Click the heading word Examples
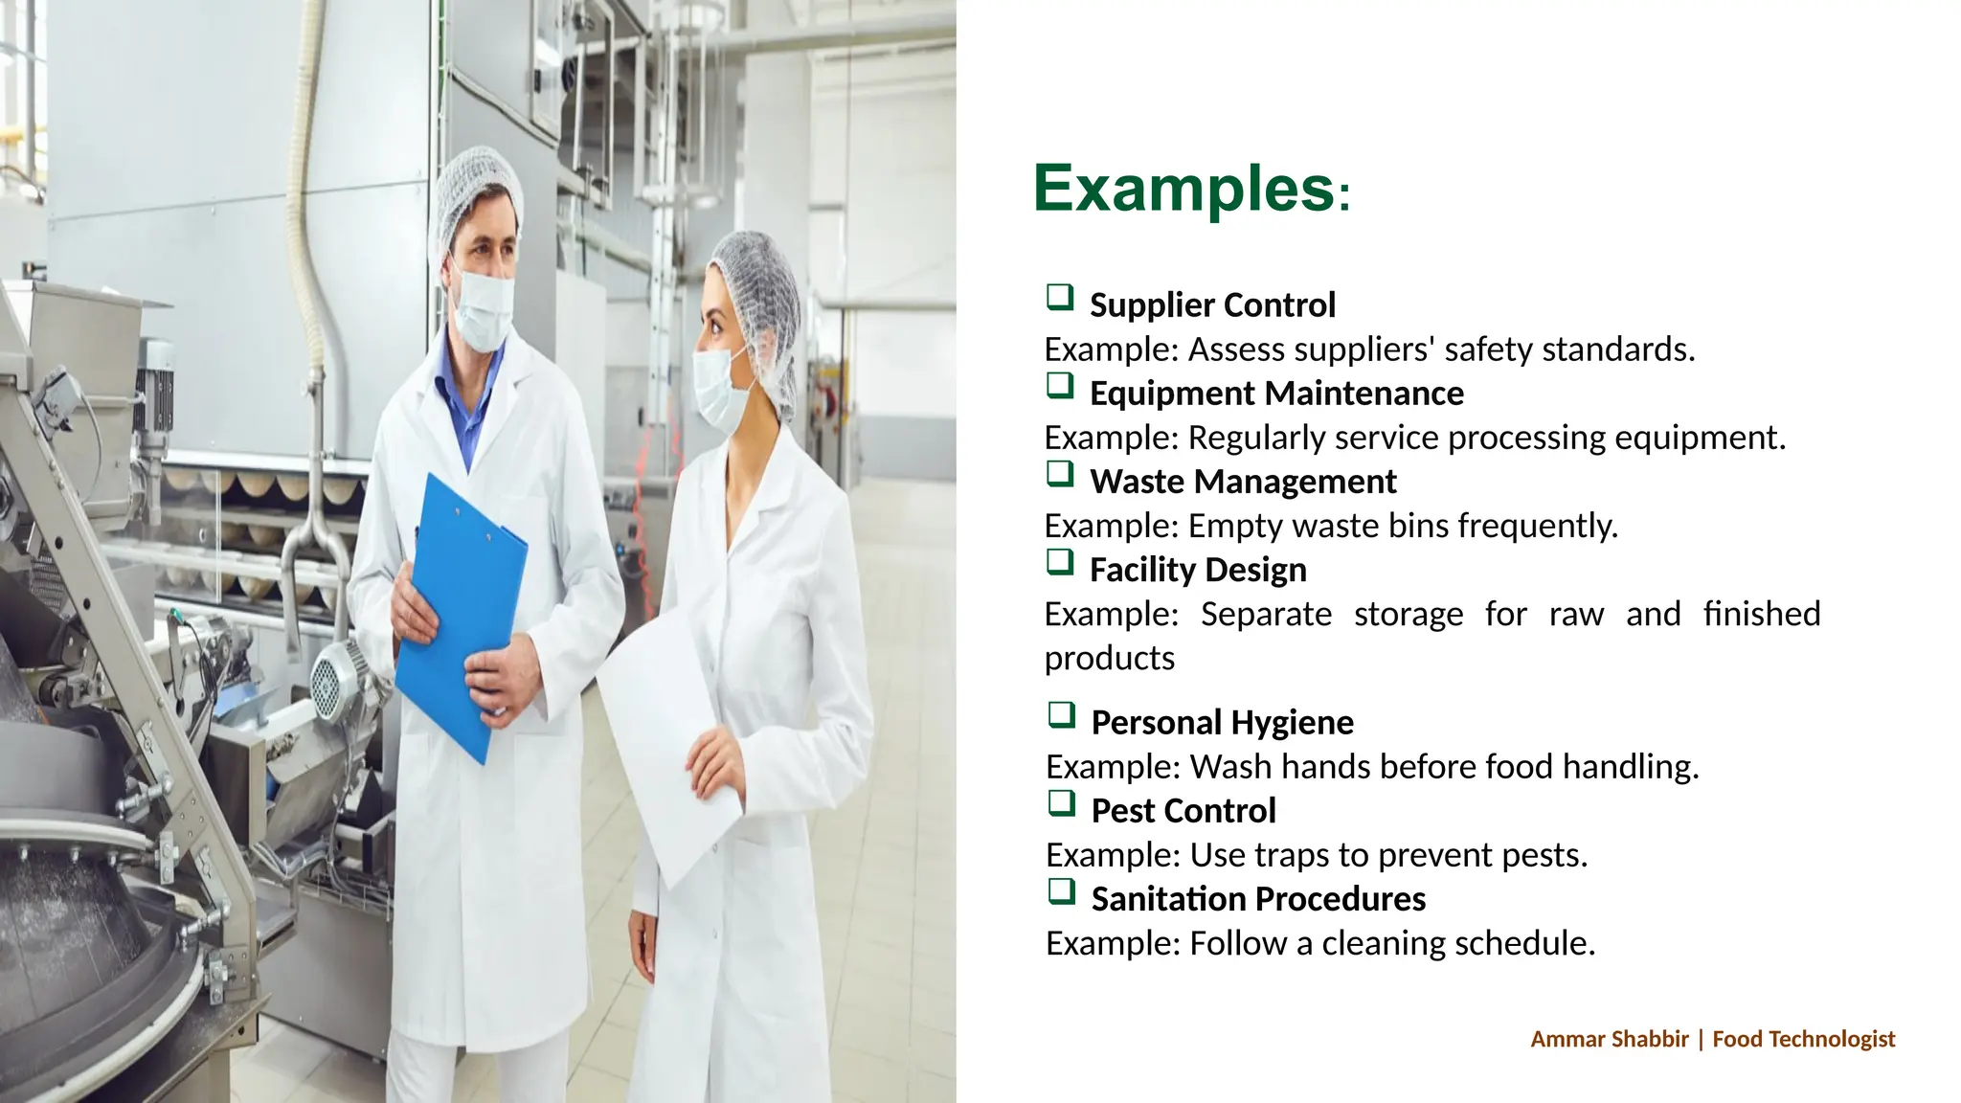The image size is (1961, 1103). pos(1183,189)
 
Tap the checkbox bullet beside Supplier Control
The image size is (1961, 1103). pos(1060,298)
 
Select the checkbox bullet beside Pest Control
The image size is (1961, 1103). pos(1061,803)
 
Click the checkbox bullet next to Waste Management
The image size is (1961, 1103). pos(1060,474)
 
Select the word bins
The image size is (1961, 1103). pos(1418,526)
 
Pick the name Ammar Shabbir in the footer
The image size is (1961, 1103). pos(1609,1039)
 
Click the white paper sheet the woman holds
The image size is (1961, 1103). pos(670,737)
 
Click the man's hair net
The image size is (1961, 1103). pos(479,187)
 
